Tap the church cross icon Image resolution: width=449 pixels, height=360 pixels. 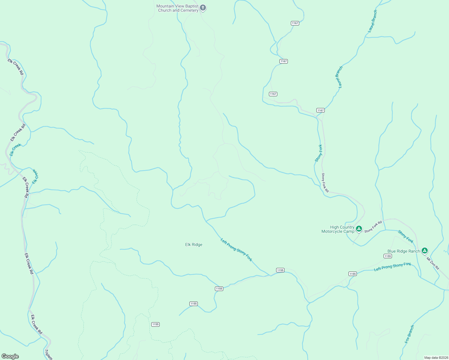click(203, 7)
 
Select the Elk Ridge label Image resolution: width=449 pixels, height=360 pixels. click(194, 244)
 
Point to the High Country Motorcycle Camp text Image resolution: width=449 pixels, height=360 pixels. click(338, 229)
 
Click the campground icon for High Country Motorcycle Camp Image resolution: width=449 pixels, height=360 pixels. click(359, 229)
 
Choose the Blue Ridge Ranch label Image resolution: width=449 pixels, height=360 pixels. click(403, 251)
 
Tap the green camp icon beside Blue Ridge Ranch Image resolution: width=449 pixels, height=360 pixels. click(424, 250)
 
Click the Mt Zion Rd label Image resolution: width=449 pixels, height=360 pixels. click(433, 263)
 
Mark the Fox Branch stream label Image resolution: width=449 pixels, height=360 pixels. click(409, 334)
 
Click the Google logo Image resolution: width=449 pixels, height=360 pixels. click(10, 356)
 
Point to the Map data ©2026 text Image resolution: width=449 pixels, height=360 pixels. click(436, 358)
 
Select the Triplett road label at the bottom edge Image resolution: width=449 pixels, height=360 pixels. click(48, 354)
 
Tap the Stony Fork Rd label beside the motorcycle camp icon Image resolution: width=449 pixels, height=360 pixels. click(373, 226)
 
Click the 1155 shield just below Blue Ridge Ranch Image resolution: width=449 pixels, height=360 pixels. click(387, 256)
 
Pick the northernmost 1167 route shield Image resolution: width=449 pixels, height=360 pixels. click(295, 23)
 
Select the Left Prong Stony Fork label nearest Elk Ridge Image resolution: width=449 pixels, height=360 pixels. click(236, 250)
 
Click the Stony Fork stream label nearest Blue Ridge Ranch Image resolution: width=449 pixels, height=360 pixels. click(405, 236)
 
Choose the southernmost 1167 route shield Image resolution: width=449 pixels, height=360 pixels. click(320, 110)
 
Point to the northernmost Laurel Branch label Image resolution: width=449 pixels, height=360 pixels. click(372, 21)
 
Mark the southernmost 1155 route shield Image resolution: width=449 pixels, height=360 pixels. click(155, 324)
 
